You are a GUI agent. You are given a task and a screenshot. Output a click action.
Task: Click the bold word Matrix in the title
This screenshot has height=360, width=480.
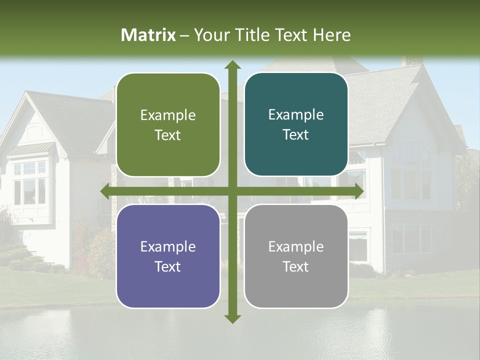(148, 35)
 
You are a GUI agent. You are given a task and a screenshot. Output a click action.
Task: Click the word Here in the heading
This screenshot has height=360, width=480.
(331, 35)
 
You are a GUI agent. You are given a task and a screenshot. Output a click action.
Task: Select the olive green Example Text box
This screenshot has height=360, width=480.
(168, 125)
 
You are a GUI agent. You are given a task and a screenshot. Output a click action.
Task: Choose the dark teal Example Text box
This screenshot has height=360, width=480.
(296, 124)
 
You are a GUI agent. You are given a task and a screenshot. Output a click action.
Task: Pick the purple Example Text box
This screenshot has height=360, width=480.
(168, 256)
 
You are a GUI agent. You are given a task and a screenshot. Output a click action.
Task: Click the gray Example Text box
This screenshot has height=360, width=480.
(296, 256)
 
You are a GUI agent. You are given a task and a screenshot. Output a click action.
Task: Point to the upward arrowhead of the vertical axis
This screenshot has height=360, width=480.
(232, 65)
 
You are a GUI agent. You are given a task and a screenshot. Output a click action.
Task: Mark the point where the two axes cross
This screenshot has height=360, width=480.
(232, 191)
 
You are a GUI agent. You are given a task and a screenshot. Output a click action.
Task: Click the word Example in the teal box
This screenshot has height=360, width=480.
(296, 115)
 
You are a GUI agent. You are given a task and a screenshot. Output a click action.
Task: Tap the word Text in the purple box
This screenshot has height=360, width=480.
(168, 266)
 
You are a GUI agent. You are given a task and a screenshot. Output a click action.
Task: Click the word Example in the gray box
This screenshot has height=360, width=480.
(296, 246)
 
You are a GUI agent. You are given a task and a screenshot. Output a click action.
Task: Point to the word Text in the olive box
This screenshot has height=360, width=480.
(168, 135)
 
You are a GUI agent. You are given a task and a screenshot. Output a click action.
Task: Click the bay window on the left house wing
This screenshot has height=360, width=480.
(30, 182)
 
